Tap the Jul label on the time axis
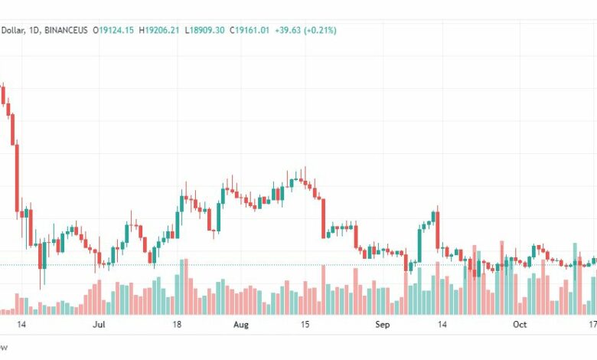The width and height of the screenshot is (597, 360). point(98,325)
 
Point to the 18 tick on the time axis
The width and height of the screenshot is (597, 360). point(177,325)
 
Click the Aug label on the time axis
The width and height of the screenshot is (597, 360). point(241,325)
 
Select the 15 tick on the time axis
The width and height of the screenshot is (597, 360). point(305,325)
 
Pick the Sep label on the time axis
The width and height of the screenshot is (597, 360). point(383,325)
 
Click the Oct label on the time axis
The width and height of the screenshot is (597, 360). point(520,325)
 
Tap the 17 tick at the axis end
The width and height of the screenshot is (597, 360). point(592,325)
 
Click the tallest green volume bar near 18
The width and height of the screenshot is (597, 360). point(181,286)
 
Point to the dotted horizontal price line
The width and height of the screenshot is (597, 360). point(230,265)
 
